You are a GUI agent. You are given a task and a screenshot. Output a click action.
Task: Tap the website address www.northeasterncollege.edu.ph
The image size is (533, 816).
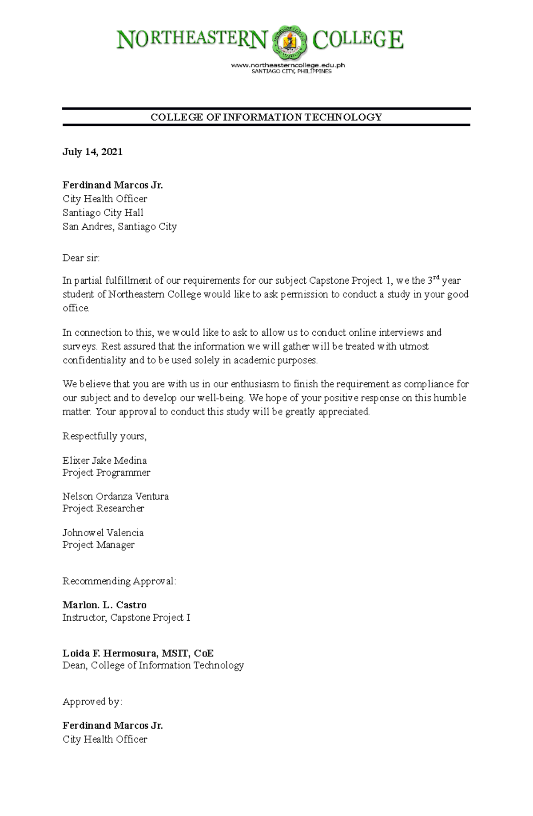coord(288,65)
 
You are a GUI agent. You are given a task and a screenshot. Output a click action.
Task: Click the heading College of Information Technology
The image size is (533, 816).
coord(266,117)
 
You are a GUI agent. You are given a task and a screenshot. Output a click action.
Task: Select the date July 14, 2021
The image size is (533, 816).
coord(92,152)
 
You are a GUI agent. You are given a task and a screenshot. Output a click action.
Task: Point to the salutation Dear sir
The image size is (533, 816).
coord(81,258)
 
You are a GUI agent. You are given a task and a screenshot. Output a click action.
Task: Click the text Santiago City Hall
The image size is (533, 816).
coord(103,213)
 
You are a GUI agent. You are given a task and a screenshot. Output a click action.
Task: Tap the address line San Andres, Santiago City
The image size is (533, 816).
coord(119,226)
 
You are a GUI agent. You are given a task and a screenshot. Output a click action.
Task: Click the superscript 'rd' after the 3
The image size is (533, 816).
coord(436,277)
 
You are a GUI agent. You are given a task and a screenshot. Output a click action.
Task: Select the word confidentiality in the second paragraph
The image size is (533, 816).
coord(94,360)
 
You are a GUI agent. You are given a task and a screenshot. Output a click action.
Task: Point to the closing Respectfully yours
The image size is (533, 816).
coord(104,436)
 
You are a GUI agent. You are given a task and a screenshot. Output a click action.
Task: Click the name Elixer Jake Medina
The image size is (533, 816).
coord(104,461)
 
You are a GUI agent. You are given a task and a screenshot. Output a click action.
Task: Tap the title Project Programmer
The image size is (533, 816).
coord(106,473)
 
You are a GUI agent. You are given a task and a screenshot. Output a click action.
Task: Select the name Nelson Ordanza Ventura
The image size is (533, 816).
coord(115,496)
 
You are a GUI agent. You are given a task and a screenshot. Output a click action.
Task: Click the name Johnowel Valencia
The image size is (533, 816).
coord(103,533)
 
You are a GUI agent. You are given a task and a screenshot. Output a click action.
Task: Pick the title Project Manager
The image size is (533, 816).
coord(98,545)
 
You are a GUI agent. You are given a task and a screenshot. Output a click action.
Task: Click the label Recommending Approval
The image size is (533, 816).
coord(119,581)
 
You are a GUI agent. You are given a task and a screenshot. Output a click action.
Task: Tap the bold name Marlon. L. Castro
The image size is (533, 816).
coord(104,605)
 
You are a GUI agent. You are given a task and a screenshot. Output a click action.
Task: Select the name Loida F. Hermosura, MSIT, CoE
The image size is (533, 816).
coord(138,653)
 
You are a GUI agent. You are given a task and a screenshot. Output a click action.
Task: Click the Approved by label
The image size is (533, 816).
coord(92,702)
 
